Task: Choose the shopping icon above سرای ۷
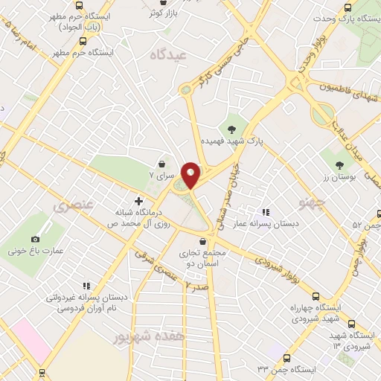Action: pos(162,164)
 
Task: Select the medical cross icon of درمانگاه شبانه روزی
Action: pos(138,201)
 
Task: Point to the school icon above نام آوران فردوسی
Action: pos(87,285)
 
